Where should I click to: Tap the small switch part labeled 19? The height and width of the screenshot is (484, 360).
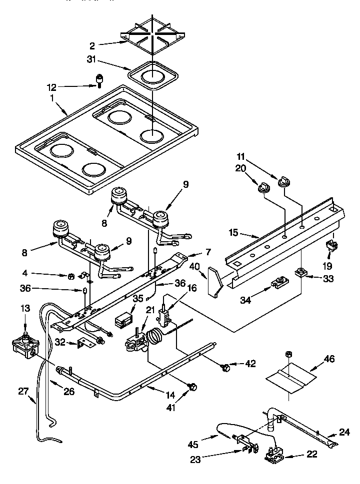(329, 245)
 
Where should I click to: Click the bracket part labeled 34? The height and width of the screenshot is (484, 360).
(277, 285)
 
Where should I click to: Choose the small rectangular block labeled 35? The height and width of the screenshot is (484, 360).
(122, 320)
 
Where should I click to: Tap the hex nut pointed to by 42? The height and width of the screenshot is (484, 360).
(225, 368)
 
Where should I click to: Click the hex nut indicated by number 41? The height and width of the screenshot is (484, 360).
(191, 386)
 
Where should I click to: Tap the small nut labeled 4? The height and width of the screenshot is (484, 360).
(72, 276)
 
